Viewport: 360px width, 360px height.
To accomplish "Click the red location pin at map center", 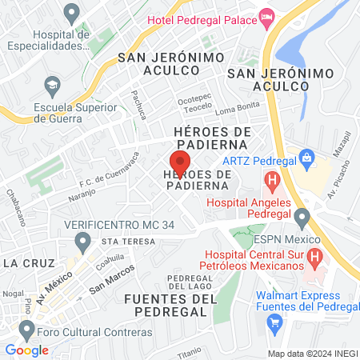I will [180, 158].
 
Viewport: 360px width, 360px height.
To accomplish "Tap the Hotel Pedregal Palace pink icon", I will [266, 16].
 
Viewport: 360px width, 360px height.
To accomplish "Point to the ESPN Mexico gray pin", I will [302, 216].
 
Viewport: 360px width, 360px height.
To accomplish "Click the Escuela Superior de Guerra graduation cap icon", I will [53, 84].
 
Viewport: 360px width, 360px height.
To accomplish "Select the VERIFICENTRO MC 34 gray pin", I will [82, 240].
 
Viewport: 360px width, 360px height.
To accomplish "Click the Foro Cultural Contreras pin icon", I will [27, 329].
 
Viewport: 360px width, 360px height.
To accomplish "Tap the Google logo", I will [26, 350].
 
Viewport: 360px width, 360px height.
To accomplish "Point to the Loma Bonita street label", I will [232, 108].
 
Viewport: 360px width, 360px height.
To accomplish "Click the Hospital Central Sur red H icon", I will [314, 258].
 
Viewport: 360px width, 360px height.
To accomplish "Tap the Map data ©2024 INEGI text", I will [311, 353].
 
